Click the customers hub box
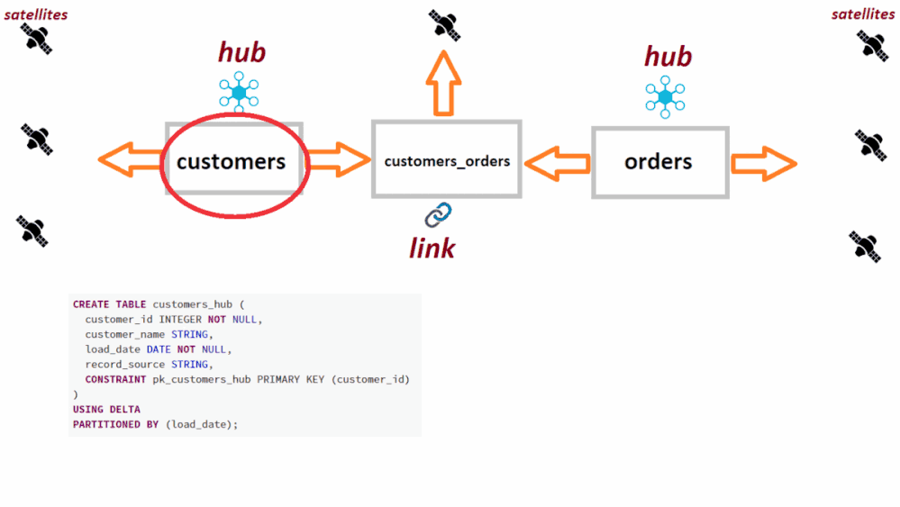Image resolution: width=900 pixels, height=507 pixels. coord(233,161)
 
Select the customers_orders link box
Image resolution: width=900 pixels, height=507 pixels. coord(447,160)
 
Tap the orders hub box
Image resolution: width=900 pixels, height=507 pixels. coord(659,162)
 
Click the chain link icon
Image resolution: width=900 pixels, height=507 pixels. coord(438,214)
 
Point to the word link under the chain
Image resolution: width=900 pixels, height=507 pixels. coord(432,248)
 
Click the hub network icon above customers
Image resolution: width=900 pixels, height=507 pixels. coord(239,92)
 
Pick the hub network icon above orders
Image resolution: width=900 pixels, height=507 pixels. coord(665,96)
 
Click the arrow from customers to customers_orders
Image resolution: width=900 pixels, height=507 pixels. coord(338,159)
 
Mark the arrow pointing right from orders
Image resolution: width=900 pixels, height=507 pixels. coord(763,164)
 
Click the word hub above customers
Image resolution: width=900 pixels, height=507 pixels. coord(241,52)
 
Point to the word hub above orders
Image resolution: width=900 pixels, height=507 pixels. coord(668,57)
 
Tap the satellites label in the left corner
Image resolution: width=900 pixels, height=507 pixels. coord(36,14)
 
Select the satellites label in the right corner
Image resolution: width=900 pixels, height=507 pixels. coord(863,14)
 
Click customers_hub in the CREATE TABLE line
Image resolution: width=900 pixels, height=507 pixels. coord(189,304)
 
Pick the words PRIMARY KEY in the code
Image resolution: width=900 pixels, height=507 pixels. coord(291,379)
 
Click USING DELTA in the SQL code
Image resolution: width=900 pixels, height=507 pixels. coord(106,410)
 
